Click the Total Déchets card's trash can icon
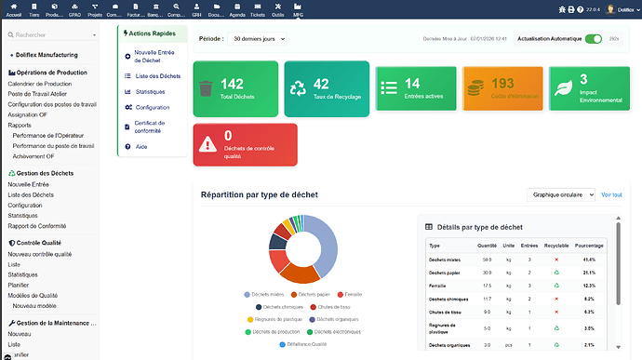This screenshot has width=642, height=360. click(x=207, y=88)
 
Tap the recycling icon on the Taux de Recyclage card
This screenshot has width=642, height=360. click(x=298, y=88)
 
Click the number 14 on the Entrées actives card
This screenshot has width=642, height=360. click(x=412, y=84)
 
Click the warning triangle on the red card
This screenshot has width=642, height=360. click(x=207, y=143)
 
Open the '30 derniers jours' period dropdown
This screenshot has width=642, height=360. click(x=257, y=39)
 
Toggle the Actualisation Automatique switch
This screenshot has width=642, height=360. click(x=593, y=39)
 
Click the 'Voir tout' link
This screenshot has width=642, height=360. click(x=611, y=195)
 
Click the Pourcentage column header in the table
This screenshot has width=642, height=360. click(x=590, y=246)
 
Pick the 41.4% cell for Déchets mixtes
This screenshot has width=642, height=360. click(x=589, y=259)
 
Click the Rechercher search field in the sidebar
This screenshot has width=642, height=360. click(x=56, y=34)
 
